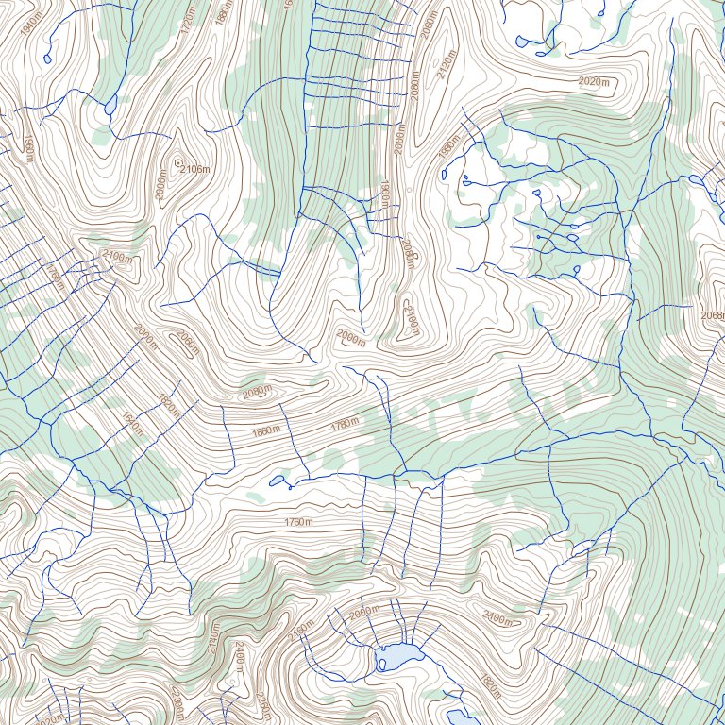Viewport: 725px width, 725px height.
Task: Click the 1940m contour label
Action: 29,21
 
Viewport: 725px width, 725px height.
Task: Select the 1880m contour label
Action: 224,13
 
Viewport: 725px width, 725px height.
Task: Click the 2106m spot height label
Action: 194,169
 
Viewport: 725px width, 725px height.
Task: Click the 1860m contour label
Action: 266,431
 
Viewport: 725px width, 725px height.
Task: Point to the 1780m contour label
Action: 345,424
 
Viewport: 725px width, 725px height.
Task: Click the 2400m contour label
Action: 240,660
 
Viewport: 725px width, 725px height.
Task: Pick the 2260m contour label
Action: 177,703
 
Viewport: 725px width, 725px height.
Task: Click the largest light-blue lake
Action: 396,656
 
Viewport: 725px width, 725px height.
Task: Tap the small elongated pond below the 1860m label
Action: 278,481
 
